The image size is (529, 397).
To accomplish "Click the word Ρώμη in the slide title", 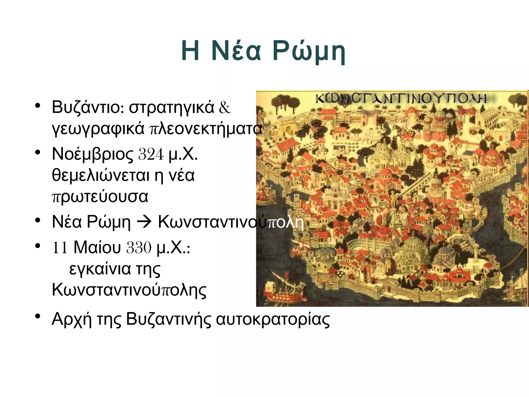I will coord(309,51).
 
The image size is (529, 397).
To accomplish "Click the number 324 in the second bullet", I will coord(151,154).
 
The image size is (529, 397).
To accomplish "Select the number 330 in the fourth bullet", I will coord(139,248).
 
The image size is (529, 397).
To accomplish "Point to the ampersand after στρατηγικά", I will coord(224,107).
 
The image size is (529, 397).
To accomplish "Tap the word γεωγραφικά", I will coord(98,128).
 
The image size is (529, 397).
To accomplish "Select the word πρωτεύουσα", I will coord(100,196).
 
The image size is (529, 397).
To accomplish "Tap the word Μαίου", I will coord(97,248).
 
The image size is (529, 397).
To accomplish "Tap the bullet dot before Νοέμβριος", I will coord(38,152).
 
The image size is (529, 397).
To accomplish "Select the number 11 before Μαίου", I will coord(60,248).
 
